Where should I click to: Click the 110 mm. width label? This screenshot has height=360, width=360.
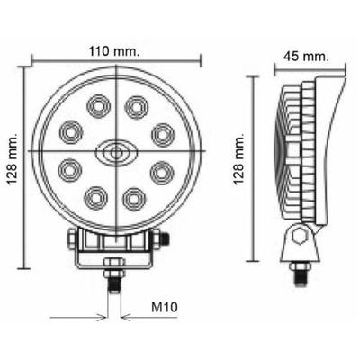click(116, 51)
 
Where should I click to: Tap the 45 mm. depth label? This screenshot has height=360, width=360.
click(302, 55)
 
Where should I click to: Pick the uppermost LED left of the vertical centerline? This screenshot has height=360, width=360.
click(96, 107)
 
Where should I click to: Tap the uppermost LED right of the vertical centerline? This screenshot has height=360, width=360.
click(136, 107)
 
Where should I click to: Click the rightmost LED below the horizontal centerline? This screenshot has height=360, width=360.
click(161, 169)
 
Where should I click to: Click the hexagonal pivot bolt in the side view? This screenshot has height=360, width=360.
click(300, 237)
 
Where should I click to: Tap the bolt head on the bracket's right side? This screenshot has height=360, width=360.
click(164, 238)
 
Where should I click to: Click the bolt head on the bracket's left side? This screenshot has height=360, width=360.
click(70, 238)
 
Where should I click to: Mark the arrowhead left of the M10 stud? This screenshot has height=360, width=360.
click(102, 318)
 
